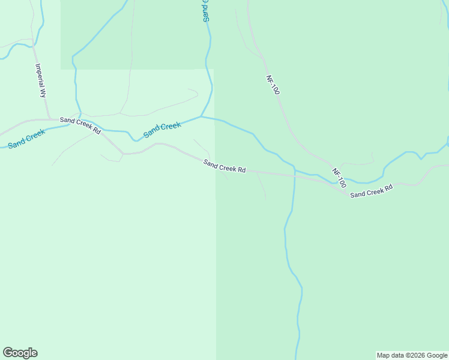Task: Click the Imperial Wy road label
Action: tap(41, 81)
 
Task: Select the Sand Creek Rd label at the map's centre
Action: tap(224, 166)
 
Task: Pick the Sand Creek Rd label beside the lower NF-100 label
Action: tap(372, 191)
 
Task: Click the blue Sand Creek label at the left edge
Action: tap(26, 140)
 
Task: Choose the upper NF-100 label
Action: tap(273, 85)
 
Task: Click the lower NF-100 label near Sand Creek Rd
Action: tap(339, 178)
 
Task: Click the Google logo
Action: tap(20, 353)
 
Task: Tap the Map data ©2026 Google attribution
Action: tap(412, 355)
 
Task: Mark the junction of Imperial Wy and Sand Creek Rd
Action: tap(50, 119)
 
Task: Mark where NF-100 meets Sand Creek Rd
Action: tap(343, 187)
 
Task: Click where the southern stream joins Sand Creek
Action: tap(294, 169)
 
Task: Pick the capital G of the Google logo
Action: tap(8, 352)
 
